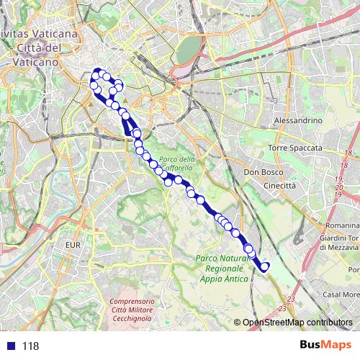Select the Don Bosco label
[261, 173]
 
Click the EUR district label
[73, 246]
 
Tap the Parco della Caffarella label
[177, 163]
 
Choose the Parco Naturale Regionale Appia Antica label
[222, 269]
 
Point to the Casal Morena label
[341, 294]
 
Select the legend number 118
[30, 346]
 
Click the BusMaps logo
[325, 344]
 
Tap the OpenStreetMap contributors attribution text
[297, 323]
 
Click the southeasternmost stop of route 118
[264, 267]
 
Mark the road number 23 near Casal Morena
[291, 298]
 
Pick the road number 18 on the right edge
[348, 153]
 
